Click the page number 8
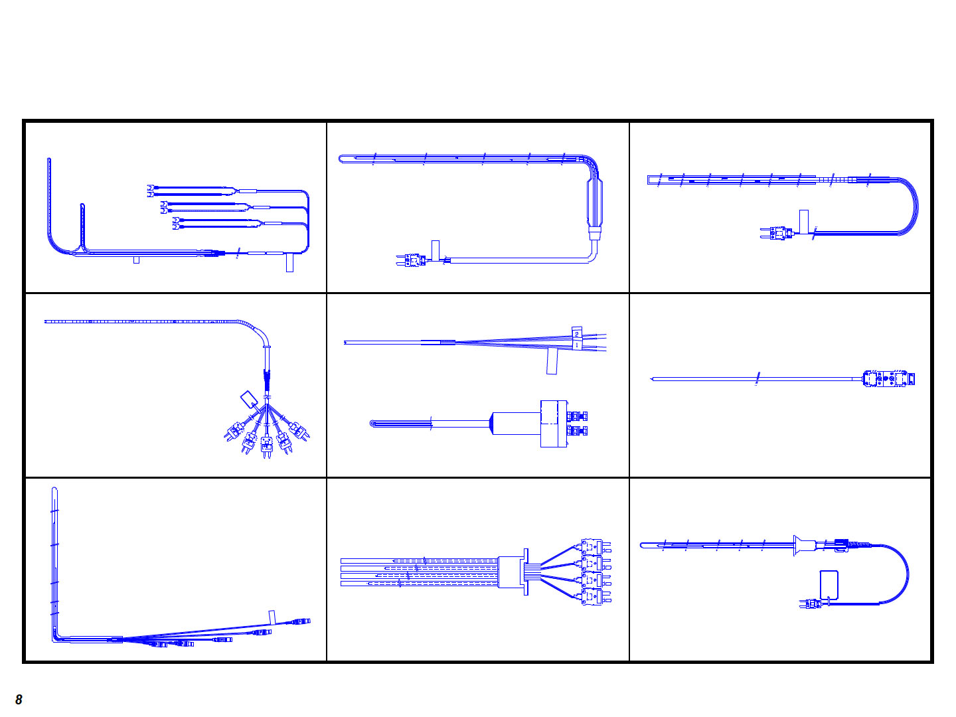[19, 699]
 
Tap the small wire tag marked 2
[576, 333]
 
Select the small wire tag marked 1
[577, 345]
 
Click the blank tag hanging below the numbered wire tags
[552, 361]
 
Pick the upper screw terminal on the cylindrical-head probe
[578, 416]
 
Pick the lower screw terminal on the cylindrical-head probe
[578, 431]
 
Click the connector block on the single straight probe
[888, 378]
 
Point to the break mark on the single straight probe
[757, 378]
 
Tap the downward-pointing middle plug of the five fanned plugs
[266, 447]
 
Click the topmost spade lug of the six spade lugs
[150, 187]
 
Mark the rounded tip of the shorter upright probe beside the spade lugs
[82, 204]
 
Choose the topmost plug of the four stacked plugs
[596, 547]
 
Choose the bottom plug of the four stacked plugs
[596, 597]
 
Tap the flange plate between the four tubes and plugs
[526, 572]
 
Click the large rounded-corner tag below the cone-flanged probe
[829, 585]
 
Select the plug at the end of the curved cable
[811, 604]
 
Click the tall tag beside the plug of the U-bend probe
[803, 222]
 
